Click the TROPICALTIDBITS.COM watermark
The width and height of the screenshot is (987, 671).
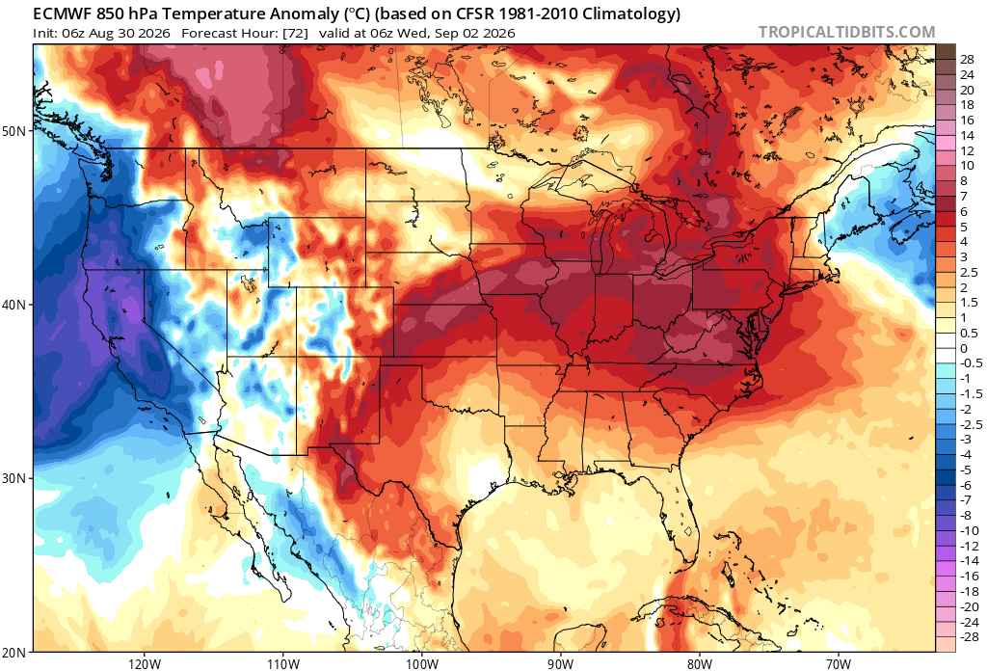click(x=846, y=32)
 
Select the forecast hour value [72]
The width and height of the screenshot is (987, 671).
click(x=295, y=34)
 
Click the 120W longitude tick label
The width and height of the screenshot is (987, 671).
click(x=145, y=664)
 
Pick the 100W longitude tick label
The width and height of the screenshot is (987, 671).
click(x=422, y=664)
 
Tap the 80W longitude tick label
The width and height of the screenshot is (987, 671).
click(x=700, y=664)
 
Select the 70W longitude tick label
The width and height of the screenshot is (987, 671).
click(x=839, y=664)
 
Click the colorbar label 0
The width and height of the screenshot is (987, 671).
click(x=964, y=349)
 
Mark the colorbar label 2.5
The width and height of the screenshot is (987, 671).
click(x=970, y=273)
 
